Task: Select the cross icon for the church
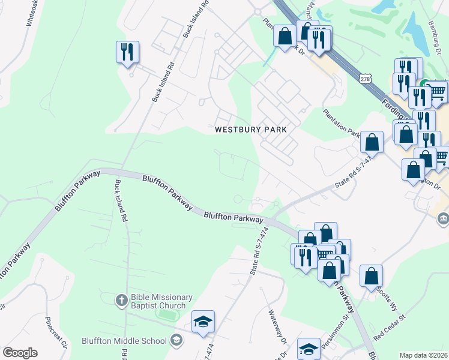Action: [121, 299]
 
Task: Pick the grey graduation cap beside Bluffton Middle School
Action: [176, 341]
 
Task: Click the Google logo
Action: [20, 353]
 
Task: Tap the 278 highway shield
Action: [366, 79]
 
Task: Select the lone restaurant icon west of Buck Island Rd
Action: [127, 52]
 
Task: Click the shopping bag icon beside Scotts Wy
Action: [372, 276]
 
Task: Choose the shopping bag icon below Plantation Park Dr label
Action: [372, 143]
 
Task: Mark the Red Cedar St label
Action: [390, 328]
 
